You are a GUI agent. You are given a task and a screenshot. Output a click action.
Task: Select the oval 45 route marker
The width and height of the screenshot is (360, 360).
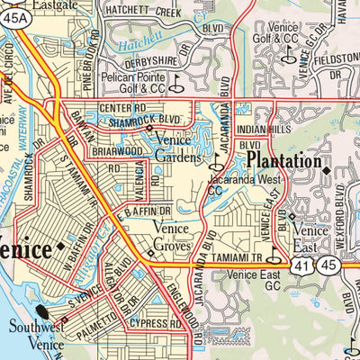(330, 265)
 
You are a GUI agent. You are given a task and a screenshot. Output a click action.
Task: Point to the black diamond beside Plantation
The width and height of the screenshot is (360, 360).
(326, 164)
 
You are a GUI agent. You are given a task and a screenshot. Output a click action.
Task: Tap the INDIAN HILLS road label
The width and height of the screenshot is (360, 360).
(261, 130)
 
